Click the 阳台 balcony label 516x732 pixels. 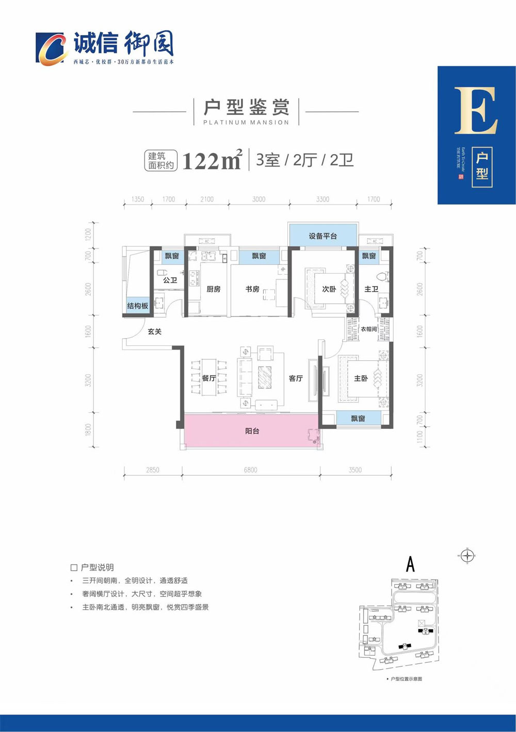(252, 431)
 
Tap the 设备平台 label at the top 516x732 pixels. (322, 236)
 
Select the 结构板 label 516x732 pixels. (138, 306)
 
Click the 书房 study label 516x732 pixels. (252, 289)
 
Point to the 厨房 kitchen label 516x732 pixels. (213, 289)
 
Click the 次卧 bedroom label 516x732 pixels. (329, 289)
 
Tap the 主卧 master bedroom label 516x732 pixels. (361, 378)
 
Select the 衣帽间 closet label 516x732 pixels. (368, 329)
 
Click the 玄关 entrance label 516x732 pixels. (154, 331)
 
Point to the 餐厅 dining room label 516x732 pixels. (209, 378)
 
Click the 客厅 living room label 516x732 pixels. (296, 378)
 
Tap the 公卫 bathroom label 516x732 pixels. (170, 280)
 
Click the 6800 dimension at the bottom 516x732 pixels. (250, 470)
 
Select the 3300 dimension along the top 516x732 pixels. (322, 199)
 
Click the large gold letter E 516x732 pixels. (476, 110)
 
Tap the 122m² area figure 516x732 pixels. (212, 161)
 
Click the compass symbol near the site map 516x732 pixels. (467, 556)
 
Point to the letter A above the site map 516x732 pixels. (410, 564)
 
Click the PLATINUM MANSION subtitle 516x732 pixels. (246, 123)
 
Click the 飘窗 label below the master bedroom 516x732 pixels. (358, 419)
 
